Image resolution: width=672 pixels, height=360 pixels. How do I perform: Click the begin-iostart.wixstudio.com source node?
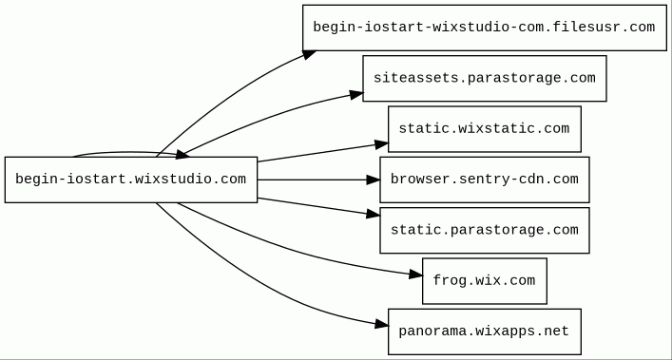point(131,180)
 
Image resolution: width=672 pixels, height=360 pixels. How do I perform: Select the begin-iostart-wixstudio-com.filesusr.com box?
point(485,28)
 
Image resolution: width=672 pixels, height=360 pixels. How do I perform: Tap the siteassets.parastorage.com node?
point(485,78)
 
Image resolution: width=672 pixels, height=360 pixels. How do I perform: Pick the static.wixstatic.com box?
point(485,129)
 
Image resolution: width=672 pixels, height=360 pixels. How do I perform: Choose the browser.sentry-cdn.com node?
point(485,180)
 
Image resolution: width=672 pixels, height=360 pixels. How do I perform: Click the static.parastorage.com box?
point(485,230)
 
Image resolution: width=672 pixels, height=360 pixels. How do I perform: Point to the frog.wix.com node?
point(485,281)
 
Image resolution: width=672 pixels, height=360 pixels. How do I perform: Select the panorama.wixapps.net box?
point(485,332)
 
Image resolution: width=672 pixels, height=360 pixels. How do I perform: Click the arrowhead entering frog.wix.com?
point(415,275)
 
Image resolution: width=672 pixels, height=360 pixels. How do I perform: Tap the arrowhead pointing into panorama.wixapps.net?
point(381,325)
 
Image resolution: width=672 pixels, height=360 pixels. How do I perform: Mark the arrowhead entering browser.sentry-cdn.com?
point(374,180)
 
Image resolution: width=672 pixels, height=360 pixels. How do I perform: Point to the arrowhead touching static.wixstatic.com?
point(381,144)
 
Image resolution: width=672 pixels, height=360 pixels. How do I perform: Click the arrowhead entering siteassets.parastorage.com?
point(356,95)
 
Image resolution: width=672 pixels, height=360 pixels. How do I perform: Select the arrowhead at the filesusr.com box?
point(310,54)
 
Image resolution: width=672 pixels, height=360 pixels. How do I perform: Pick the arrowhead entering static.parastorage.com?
point(374,213)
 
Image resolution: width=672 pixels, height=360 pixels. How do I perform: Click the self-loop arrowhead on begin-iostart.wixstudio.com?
point(182,155)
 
